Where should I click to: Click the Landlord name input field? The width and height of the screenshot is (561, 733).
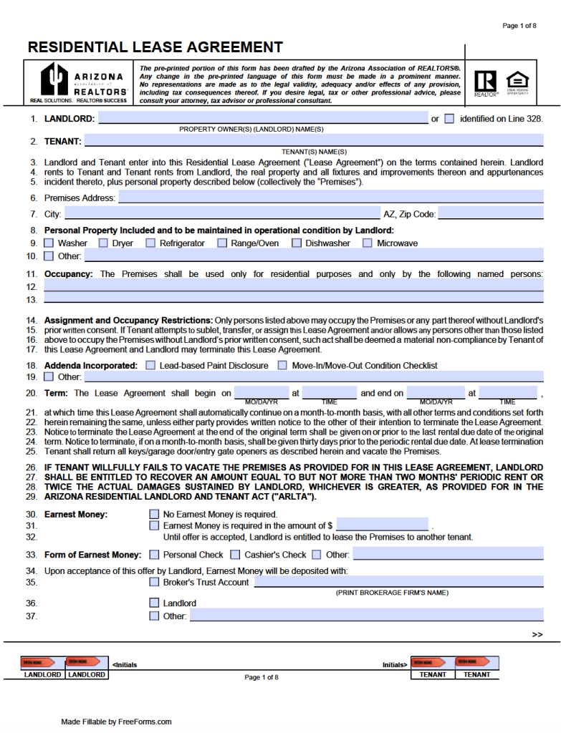(x=262, y=119)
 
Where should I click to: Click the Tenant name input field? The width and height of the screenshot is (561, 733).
(x=314, y=141)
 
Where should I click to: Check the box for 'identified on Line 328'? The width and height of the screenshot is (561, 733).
(x=449, y=119)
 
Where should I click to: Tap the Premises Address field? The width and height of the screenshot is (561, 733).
(x=330, y=198)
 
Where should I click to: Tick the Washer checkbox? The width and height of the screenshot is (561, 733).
(x=49, y=243)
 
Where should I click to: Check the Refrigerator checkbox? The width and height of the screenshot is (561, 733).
(x=150, y=243)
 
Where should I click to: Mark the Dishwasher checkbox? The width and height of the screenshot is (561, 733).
(x=297, y=243)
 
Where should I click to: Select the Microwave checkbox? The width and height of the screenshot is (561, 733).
(x=368, y=243)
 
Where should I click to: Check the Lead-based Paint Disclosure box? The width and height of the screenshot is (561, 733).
(x=150, y=366)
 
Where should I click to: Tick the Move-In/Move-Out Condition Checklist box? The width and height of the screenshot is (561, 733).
(x=282, y=366)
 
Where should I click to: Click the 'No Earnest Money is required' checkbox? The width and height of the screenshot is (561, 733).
(x=154, y=514)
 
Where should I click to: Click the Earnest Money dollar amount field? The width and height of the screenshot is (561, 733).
(x=382, y=525)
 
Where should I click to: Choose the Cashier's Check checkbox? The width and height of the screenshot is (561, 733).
(x=235, y=555)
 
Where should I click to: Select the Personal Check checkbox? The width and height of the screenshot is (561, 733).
(x=154, y=555)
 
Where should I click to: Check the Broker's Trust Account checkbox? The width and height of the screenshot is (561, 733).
(x=154, y=583)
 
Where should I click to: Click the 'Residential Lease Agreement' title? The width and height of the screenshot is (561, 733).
(x=155, y=48)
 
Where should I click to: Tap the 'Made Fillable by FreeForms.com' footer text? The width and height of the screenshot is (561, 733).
(x=116, y=722)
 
